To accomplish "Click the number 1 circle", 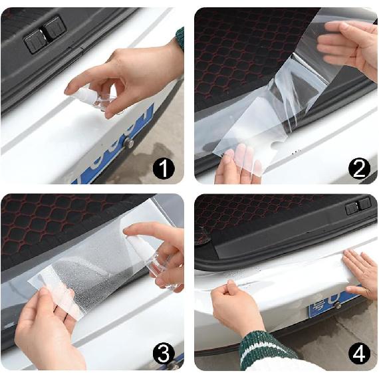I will (x=164, y=169).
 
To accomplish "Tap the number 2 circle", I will (x=359, y=169).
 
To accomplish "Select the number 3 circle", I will (x=164, y=354).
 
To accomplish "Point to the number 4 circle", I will (x=359, y=354).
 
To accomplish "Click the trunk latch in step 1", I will (x=44, y=35).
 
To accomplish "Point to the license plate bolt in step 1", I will (x=128, y=142).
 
